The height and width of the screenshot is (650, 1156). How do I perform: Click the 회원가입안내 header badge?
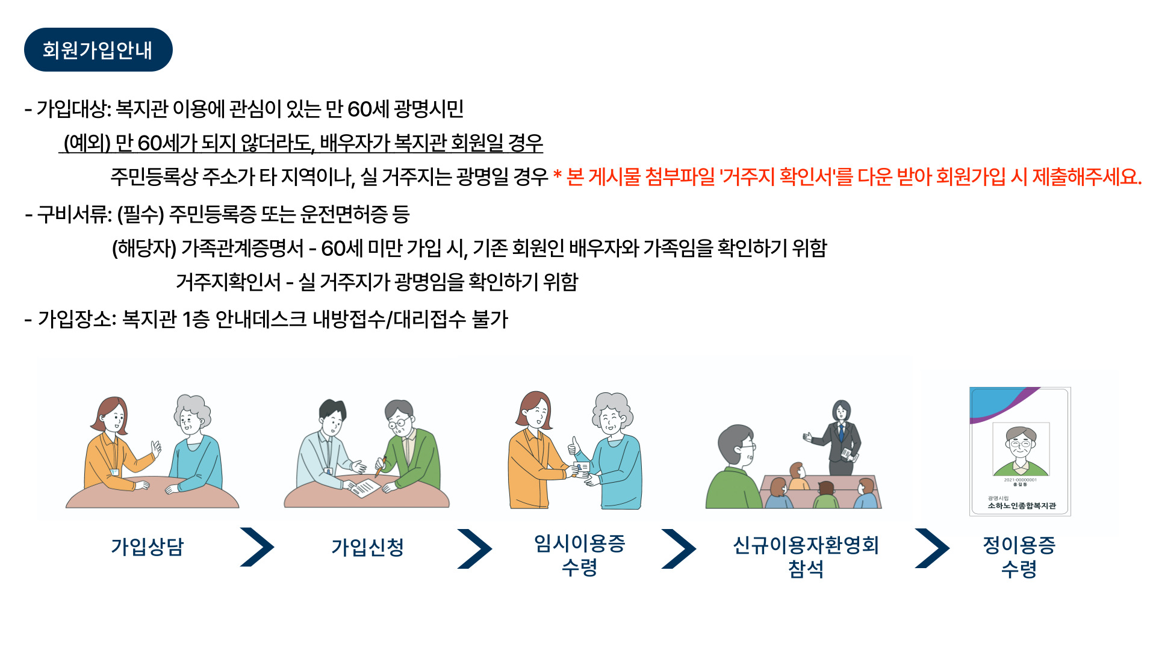(x=98, y=50)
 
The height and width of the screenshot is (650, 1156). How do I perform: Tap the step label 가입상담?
(x=148, y=546)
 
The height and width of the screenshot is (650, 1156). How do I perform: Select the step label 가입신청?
(x=367, y=546)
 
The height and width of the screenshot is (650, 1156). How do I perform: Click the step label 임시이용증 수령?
(x=580, y=555)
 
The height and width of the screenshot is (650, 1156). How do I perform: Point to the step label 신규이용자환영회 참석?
(x=806, y=556)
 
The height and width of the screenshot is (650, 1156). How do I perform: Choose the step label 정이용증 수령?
(x=1019, y=556)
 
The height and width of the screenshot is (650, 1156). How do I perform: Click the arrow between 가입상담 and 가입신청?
(x=257, y=547)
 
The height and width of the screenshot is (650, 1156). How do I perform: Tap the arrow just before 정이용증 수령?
(x=932, y=548)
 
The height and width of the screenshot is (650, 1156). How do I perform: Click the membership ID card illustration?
(x=1020, y=451)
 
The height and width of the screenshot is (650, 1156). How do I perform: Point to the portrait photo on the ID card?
(x=1021, y=449)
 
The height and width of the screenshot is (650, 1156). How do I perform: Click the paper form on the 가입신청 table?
(x=364, y=487)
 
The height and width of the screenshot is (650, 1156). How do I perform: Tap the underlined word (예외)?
(x=87, y=143)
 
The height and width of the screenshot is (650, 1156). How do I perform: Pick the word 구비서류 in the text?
(x=72, y=214)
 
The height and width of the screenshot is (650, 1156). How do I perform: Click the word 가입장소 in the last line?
(x=75, y=319)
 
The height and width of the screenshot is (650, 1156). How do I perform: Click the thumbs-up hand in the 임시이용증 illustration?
(x=573, y=445)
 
